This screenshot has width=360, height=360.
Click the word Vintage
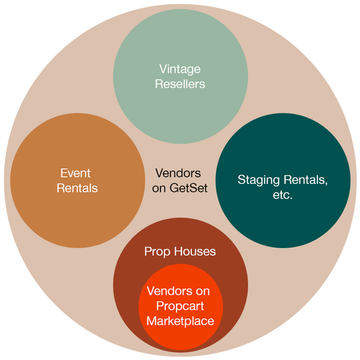point(180,69)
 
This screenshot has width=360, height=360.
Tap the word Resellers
point(180,84)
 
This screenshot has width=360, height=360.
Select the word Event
point(75,173)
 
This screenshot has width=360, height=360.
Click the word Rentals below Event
point(77,188)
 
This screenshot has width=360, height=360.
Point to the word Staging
point(259,180)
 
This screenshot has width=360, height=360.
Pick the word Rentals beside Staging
point(306,180)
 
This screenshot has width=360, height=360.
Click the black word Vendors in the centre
point(178,173)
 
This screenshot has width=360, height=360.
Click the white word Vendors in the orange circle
point(169,291)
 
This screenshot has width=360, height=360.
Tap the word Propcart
point(180,306)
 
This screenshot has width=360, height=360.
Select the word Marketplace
point(180,321)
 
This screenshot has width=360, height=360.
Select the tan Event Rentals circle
point(77,216)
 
